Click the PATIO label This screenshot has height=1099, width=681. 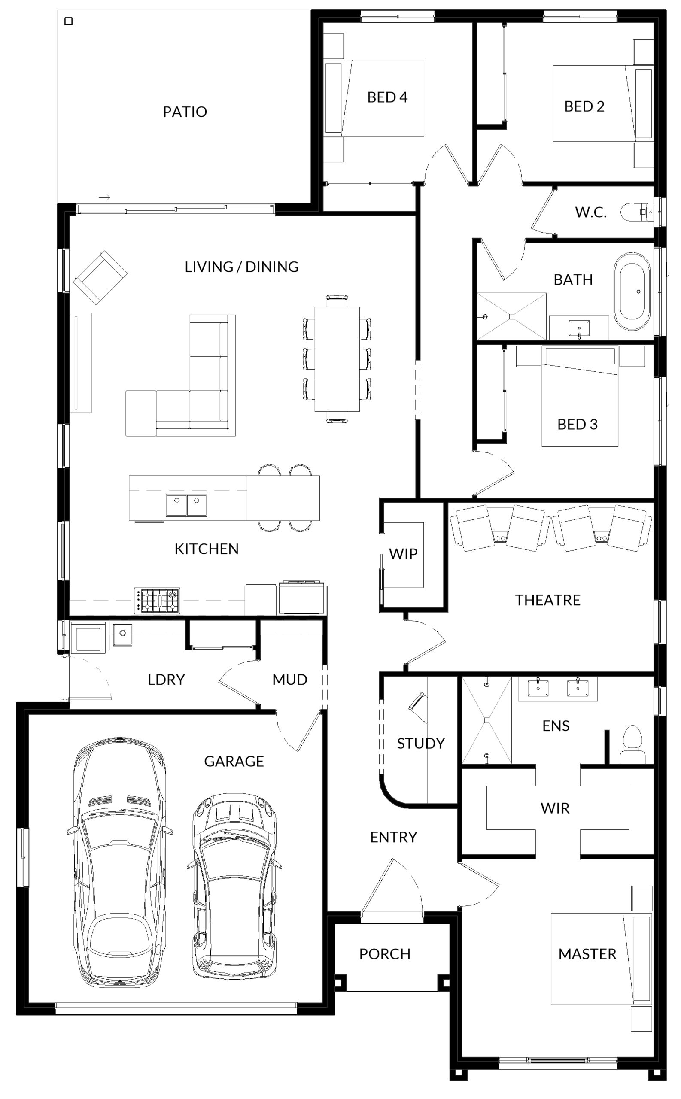tap(185, 112)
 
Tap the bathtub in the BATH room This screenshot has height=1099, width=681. tap(632, 291)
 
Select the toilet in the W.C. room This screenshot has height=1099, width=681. tap(636, 212)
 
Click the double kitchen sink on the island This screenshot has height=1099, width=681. tap(186, 505)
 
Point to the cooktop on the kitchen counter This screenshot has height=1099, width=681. tap(157, 601)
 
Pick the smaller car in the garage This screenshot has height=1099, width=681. tap(234, 886)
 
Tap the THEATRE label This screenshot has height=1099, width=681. tap(548, 600)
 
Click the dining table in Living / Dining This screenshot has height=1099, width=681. tap(337, 359)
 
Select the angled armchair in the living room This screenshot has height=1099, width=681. tap(101, 277)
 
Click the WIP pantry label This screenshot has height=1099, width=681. tap(403, 554)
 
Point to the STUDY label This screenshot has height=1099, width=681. tap(421, 743)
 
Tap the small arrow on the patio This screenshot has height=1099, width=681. tap(104, 197)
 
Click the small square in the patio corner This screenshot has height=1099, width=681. tap(68, 21)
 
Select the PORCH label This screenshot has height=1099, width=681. tap(385, 954)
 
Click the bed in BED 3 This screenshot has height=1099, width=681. tap(580, 396)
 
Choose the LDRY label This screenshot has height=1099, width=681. tap(166, 680)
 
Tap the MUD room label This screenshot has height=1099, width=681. tap(289, 680)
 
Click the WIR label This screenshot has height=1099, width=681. tap(555, 808)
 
